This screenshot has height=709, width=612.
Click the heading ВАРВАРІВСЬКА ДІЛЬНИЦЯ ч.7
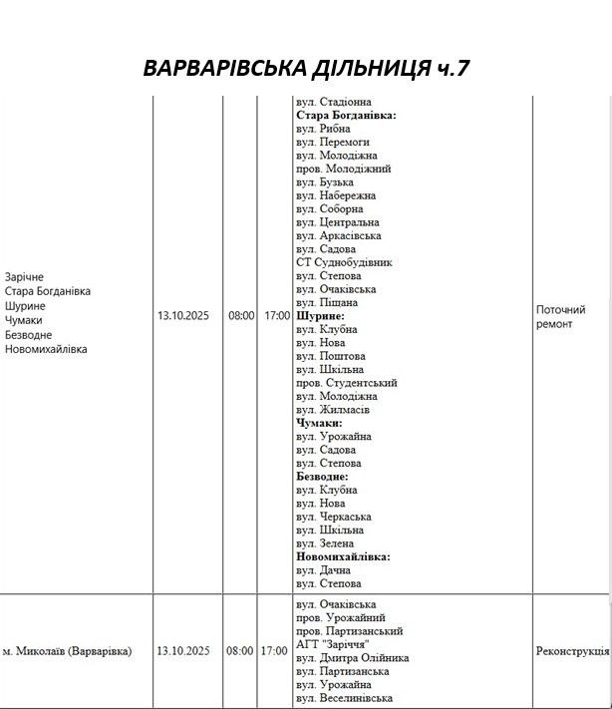click(x=306, y=68)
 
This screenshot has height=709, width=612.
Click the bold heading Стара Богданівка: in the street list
click(x=346, y=116)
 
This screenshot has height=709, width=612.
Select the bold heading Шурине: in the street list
click(x=319, y=315)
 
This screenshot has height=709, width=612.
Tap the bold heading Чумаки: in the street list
click(x=319, y=423)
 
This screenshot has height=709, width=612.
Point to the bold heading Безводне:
click(x=322, y=477)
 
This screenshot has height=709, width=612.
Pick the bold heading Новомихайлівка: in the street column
click(x=343, y=556)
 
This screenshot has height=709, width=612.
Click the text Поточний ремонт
click(x=560, y=317)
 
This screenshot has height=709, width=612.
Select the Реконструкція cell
click(x=571, y=651)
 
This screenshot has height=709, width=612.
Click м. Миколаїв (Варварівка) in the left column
click(x=67, y=651)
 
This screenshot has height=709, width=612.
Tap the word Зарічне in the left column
click(x=24, y=276)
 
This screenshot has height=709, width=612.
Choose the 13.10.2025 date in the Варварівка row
click(x=183, y=651)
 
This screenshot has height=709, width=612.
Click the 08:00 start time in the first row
click(x=241, y=315)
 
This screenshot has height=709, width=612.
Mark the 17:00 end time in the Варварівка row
click(x=273, y=651)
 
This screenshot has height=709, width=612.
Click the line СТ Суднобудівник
click(x=344, y=262)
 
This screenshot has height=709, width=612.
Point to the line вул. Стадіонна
click(x=334, y=102)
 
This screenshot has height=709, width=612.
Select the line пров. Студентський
click(x=347, y=383)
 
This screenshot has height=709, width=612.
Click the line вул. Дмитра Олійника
click(x=353, y=658)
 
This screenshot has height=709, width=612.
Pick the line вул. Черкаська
click(x=334, y=517)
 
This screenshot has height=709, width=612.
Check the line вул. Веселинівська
click(x=345, y=698)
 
